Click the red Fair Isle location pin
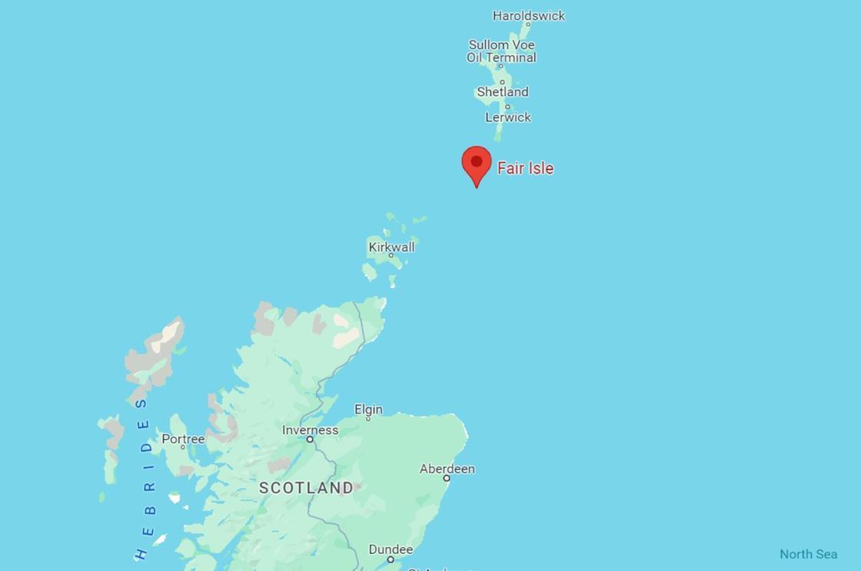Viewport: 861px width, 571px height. (477, 164)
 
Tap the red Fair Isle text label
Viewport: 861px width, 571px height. (525, 168)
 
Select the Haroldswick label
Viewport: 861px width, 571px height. (529, 15)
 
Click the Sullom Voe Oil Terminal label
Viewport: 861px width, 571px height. (501, 51)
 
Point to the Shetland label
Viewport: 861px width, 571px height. (502, 92)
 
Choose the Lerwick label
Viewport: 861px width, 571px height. (508, 118)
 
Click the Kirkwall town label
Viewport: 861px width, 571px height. (391, 247)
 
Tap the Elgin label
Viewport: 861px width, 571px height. (368, 410)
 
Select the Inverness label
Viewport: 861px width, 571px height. (310, 430)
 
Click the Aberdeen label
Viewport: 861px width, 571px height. (447, 469)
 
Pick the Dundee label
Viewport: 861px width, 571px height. (391, 549)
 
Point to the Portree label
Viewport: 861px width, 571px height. (183, 439)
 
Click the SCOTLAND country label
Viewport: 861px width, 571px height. (306, 488)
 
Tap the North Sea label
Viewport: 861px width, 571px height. (808, 554)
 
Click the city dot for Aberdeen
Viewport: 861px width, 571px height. (447, 478)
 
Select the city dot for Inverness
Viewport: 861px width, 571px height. (310, 440)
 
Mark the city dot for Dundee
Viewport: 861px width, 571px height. (391, 559)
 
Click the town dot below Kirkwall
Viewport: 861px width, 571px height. (391, 255)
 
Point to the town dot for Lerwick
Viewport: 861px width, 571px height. (507, 107)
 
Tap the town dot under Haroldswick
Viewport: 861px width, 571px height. (527, 25)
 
